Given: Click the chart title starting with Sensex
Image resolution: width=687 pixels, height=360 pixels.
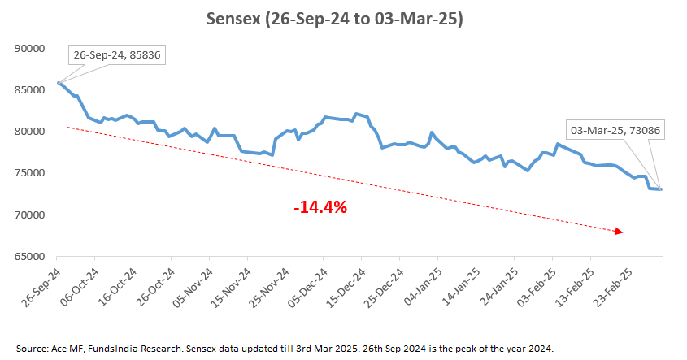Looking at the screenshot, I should coord(343,19).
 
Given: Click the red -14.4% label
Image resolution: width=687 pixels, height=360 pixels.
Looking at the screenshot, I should coord(320,207).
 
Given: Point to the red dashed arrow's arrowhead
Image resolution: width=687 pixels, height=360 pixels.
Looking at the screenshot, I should coord(620,232).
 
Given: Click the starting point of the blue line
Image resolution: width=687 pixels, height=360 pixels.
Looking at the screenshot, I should coord(59,82).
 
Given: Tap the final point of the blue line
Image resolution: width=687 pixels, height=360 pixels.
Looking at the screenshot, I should coord(662,189).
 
